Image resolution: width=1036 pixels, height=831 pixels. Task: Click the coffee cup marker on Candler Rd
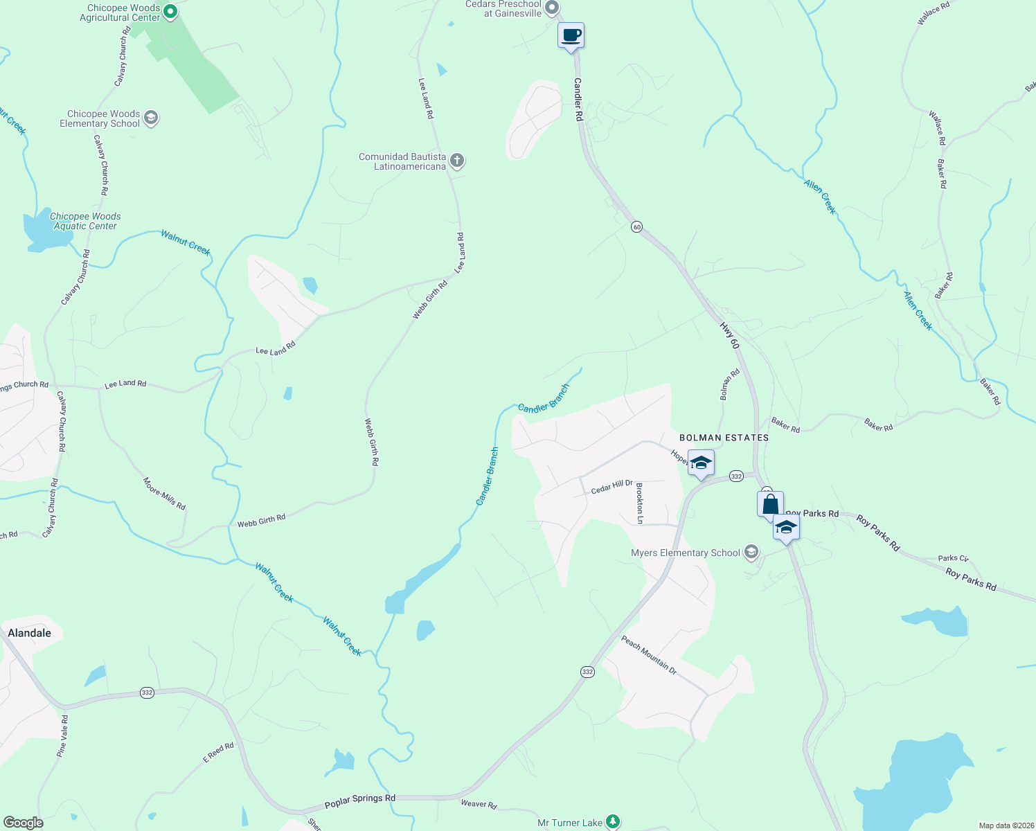point(571,35)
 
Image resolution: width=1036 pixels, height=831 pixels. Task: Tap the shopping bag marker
point(770,504)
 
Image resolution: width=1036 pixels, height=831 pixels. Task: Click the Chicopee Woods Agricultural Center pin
point(170,12)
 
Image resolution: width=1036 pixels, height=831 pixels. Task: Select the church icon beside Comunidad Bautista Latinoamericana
point(456,161)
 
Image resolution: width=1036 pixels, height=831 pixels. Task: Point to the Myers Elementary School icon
point(751,553)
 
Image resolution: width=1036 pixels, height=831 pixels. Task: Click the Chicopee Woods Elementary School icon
point(151,118)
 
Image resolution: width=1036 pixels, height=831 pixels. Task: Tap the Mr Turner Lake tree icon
point(612,822)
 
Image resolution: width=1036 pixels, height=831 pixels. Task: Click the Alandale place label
point(29,633)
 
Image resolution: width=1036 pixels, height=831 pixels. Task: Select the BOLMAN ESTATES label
point(724,438)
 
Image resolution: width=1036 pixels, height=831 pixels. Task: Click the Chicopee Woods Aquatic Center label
point(85,221)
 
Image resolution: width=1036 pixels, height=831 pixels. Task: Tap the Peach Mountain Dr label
point(648,654)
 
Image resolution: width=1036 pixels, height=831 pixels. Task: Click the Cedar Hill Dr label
point(612,487)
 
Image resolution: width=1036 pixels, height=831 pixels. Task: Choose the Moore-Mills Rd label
point(164,494)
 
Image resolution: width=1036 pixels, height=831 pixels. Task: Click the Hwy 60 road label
point(730,335)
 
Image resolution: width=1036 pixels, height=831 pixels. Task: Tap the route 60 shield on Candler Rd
point(636,226)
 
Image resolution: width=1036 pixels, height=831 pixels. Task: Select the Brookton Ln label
point(639,503)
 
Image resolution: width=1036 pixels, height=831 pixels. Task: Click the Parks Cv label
point(953,558)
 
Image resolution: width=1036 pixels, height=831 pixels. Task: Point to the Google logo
point(23,823)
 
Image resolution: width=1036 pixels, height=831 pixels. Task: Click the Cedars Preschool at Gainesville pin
point(551,8)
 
